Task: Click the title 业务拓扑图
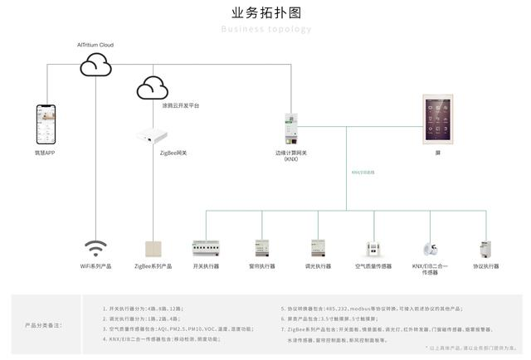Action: pos(265,12)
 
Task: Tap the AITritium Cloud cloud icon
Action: pos(95,64)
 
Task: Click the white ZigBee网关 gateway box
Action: pos(152,133)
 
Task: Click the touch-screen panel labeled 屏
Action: pos(437,119)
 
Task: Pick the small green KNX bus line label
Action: pos(363,173)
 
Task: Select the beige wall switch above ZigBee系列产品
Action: pos(153,249)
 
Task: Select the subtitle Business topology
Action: pos(265,29)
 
